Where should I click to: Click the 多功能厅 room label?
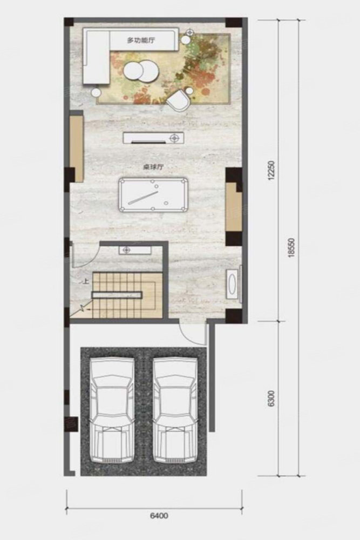[x=141, y=40]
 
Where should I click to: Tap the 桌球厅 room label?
[x=153, y=167]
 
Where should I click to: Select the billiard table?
[x=153, y=195]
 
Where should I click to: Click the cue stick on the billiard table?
[x=142, y=197]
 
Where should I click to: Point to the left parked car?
[x=112, y=411]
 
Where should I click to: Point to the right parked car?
[x=175, y=411]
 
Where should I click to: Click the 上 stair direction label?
[x=86, y=281]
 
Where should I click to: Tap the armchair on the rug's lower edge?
[x=178, y=100]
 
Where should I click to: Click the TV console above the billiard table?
[x=153, y=138]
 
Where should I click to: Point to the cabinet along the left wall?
[x=77, y=149]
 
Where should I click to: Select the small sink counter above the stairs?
[x=135, y=250]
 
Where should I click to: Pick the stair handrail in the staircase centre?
[x=117, y=294]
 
